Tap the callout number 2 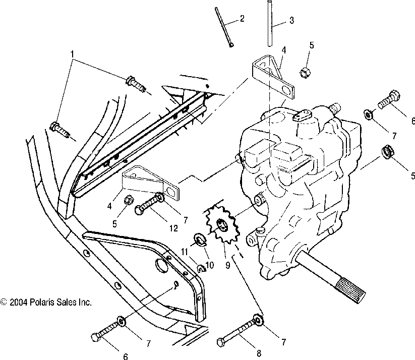click(x=242, y=19)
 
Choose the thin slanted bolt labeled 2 click(x=224, y=27)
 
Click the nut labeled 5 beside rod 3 click(x=305, y=72)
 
